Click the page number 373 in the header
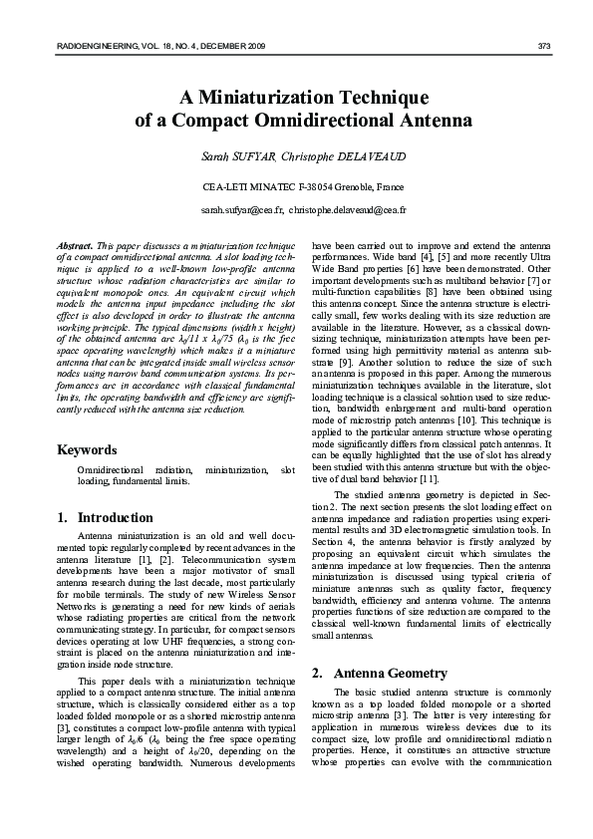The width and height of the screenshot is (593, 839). [544, 46]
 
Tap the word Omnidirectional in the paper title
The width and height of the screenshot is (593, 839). [344, 122]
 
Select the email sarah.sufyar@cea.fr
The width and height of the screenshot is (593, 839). [242, 210]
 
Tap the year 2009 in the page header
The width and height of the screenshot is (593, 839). [254, 46]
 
